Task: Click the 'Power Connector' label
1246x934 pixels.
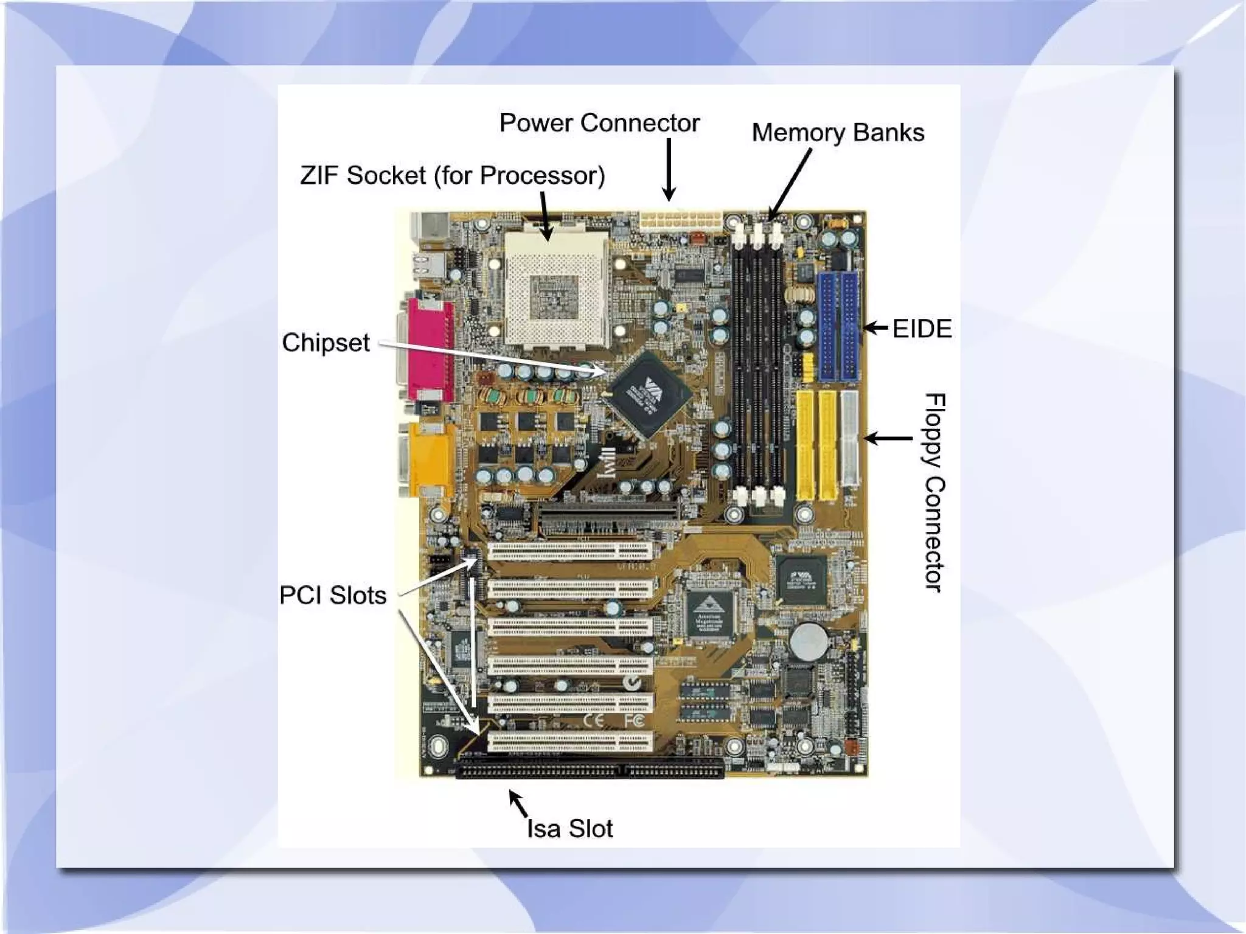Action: [599, 123]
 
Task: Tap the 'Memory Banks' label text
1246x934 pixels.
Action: [838, 133]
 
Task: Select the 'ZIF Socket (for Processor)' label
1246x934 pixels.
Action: [453, 176]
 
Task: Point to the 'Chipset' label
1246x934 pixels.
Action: [325, 343]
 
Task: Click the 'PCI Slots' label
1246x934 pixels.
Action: [333, 595]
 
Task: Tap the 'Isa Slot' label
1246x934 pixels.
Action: [569, 829]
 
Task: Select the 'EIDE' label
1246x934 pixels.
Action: [922, 329]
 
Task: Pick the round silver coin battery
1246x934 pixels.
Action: [809, 641]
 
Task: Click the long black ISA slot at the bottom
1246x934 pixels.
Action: [590, 770]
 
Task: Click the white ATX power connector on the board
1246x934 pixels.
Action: [680, 220]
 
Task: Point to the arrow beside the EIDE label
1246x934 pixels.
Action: [876, 329]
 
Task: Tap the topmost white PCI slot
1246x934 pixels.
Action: [570, 551]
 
